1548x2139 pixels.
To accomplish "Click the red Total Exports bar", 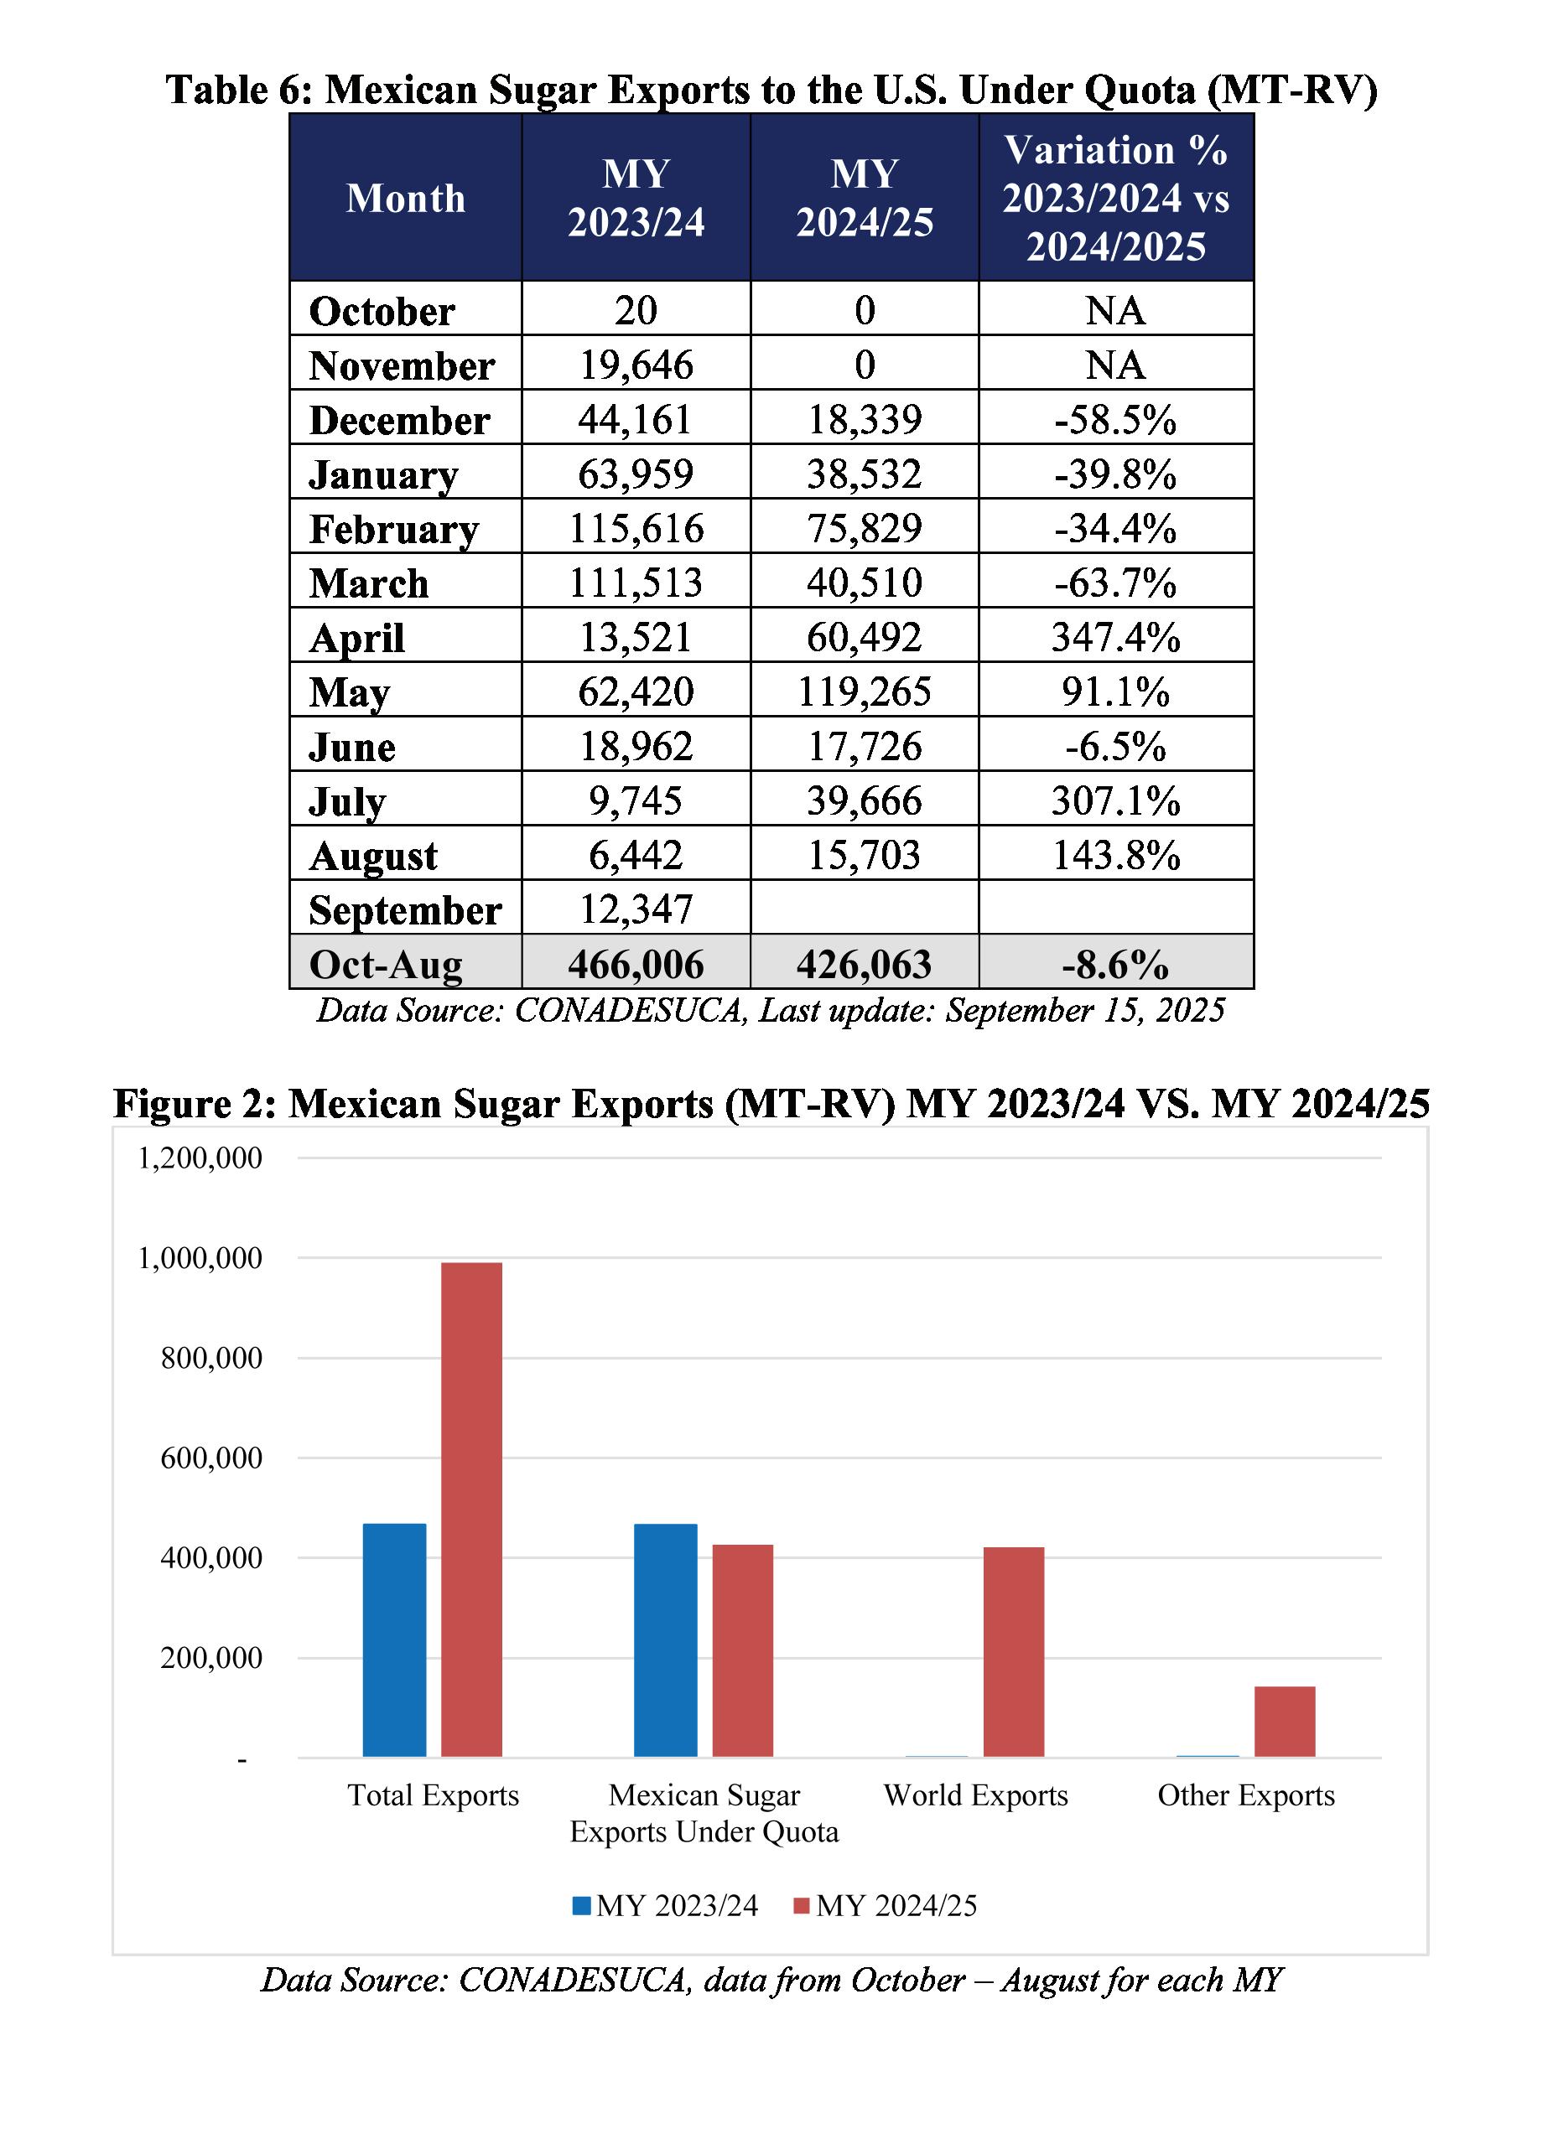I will pyautogui.click(x=470, y=1508).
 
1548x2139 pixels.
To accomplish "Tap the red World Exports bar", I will pyautogui.click(x=1013, y=1651).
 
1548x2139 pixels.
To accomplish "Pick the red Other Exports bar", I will pyautogui.click(x=1284, y=1722).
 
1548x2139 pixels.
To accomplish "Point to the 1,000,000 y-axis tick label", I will pyautogui.click(x=200, y=1258).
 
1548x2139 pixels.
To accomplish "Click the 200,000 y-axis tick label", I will pyautogui.click(x=211, y=1658).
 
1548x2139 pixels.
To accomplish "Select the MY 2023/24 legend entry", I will pyautogui.click(x=665, y=1905).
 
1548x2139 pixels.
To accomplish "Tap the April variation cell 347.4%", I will pyautogui.click(x=1115, y=637).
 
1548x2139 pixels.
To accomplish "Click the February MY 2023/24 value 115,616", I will pyautogui.click(x=636, y=528).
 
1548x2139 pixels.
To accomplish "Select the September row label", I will pyautogui.click(x=405, y=910).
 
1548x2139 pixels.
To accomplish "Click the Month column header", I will pyautogui.click(x=406, y=198).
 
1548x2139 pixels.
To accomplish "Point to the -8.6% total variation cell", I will pyautogui.click(x=1115, y=964).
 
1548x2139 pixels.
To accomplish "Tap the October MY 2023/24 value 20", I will pyautogui.click(x=636, y=310).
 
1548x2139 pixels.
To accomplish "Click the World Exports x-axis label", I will pyautogui.click(x=975, y=1795).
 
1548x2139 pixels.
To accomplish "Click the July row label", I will pyautogui.click(x=347, y=801).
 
